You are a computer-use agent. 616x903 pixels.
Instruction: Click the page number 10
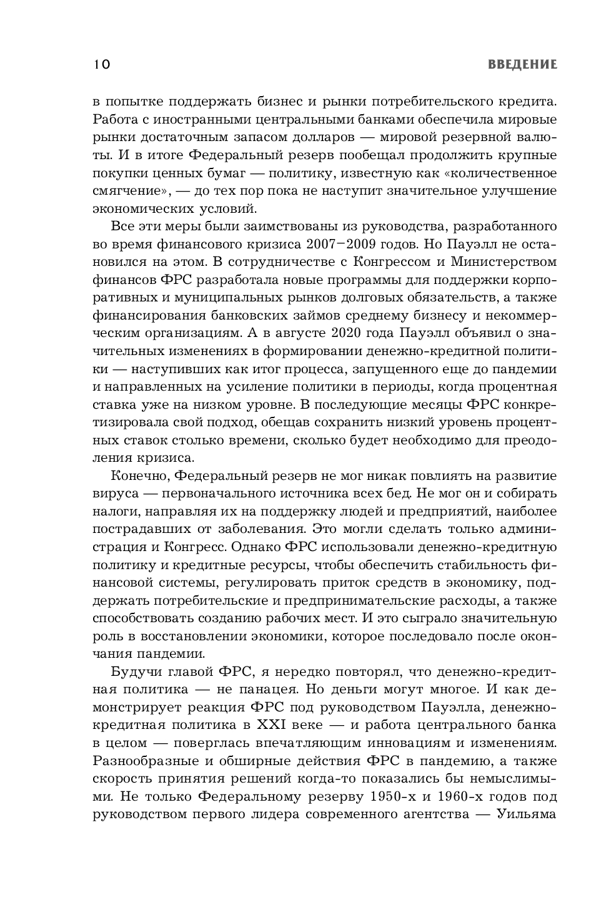tap(102, 64)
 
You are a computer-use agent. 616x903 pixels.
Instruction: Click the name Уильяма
tap(526, 814)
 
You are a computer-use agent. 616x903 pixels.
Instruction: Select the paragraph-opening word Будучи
tap(137, 672)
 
